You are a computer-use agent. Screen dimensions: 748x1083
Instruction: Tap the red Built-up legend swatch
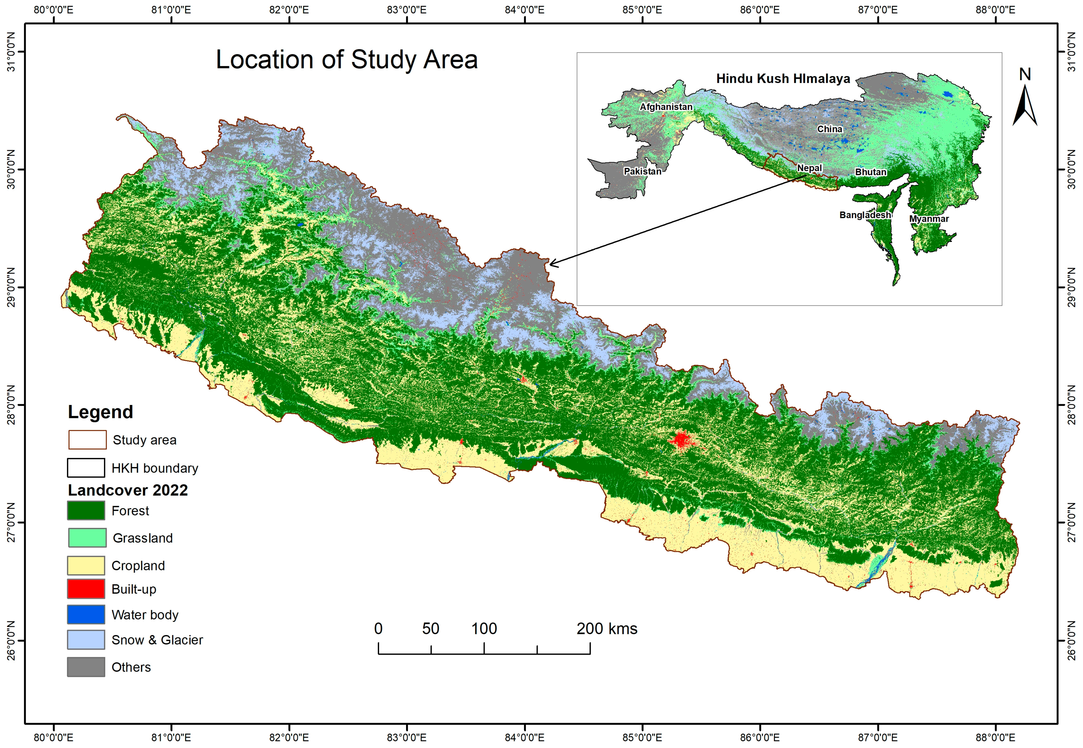tap(86, 589)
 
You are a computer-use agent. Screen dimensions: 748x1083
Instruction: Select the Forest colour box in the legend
tap(86, 510)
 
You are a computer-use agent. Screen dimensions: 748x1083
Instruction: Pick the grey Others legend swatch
tap(86, 667)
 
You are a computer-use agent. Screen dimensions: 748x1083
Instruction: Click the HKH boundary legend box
tap(86, 468)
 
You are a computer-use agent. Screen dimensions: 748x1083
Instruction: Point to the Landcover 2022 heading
tap(127, 490)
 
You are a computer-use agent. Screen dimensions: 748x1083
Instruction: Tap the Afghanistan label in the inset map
tap(666, 107)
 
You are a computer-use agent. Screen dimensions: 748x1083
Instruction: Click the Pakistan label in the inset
tap(642, 172)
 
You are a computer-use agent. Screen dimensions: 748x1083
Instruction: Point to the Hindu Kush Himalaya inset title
tap(783, 79)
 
